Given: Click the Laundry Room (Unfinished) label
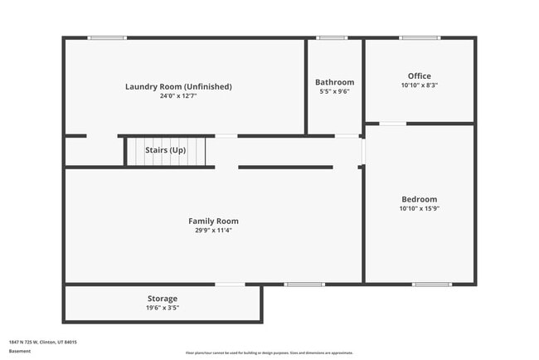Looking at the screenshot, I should click(178, 86).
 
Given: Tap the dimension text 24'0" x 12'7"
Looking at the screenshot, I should click(178, 96).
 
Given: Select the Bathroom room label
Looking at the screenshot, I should click(334, 82).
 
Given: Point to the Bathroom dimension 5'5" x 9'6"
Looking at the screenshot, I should click(334, 91).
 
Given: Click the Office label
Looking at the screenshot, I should click(419, 75).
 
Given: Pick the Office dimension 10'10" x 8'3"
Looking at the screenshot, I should click(419, 85).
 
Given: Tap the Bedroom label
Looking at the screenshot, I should click(419, 199).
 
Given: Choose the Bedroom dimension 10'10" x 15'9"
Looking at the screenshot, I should click(419, 208).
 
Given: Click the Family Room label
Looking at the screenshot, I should click(213, 221).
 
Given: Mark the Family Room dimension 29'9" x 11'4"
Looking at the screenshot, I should click(213, 231).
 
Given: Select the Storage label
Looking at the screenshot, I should click(163, 299).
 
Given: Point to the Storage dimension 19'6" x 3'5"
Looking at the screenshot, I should click(163, 308).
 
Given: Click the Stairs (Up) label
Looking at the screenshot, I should click(166, 150).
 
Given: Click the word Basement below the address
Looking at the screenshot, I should click(20, 351).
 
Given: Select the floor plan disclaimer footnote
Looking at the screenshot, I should click(269, 352).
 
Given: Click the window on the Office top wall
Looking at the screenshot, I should click(420, 37).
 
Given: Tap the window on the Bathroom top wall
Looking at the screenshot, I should click(332, 37).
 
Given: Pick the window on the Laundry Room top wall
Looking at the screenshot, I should click(107, 37).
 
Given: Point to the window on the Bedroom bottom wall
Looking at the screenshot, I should click(432, 285).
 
